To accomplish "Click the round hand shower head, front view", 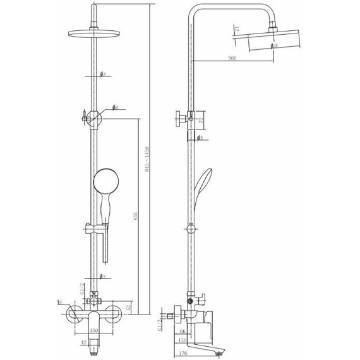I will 104,183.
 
